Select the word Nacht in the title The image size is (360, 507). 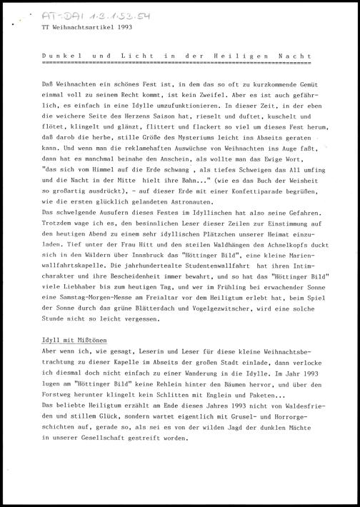305,55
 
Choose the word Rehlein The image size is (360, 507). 162,384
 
